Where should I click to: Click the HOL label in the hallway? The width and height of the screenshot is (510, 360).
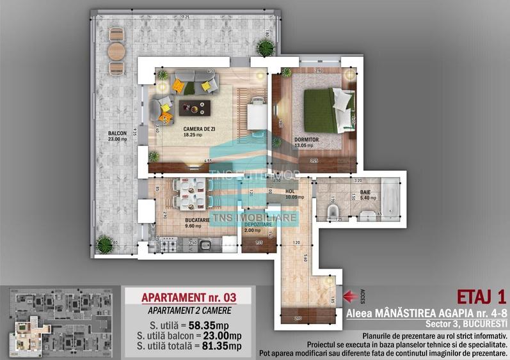point(291,190)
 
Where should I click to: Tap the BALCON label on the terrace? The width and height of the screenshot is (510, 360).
point(117,134)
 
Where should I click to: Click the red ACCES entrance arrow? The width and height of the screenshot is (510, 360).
point(351,295)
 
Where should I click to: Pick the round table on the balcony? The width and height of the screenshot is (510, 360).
point(116,51)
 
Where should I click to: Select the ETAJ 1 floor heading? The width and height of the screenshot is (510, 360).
point(481,297)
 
